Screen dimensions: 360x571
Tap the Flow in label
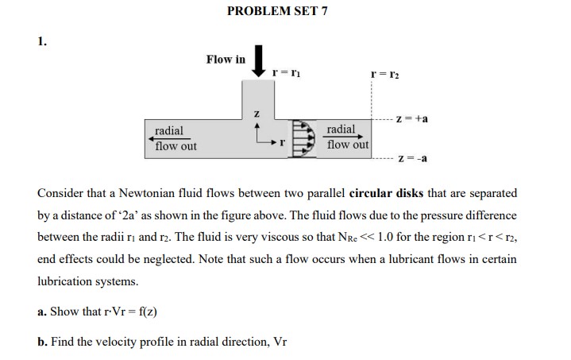point(226,60)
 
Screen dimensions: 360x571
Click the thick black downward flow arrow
point(258,61)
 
